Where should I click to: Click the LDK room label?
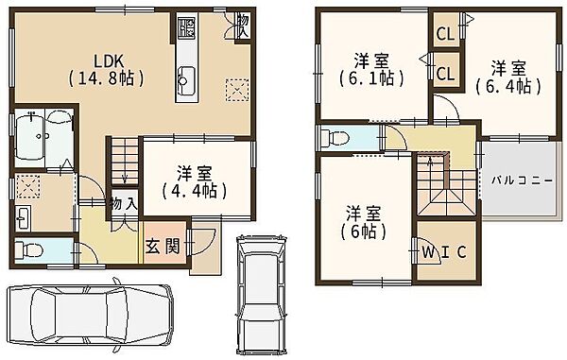109,61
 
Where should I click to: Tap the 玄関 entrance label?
163,247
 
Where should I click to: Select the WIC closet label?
444,252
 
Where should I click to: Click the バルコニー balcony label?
522,180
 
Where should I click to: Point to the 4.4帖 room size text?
194,191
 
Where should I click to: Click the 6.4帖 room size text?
508,86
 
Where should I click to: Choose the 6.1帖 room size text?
371,78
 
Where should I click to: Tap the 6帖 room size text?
363,231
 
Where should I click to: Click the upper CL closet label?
445,34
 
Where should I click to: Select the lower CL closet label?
445,74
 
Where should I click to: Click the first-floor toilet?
28,249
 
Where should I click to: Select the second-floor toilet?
335,138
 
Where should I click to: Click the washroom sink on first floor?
23,217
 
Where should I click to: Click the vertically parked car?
261,295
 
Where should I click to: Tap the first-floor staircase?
125,162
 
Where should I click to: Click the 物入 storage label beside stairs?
124,205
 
